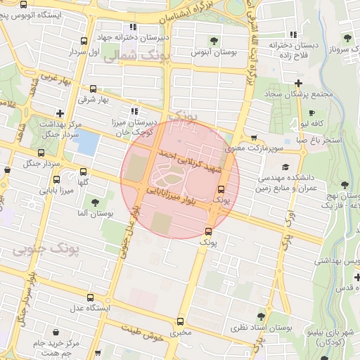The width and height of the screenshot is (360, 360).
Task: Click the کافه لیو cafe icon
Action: pyautogui.click(x=311, y=112)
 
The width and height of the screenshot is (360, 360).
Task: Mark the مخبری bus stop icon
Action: pyautogui.click(x=181, y=321)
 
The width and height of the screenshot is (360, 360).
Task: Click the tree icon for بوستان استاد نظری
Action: pyautogui.click(x=262, y=316)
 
